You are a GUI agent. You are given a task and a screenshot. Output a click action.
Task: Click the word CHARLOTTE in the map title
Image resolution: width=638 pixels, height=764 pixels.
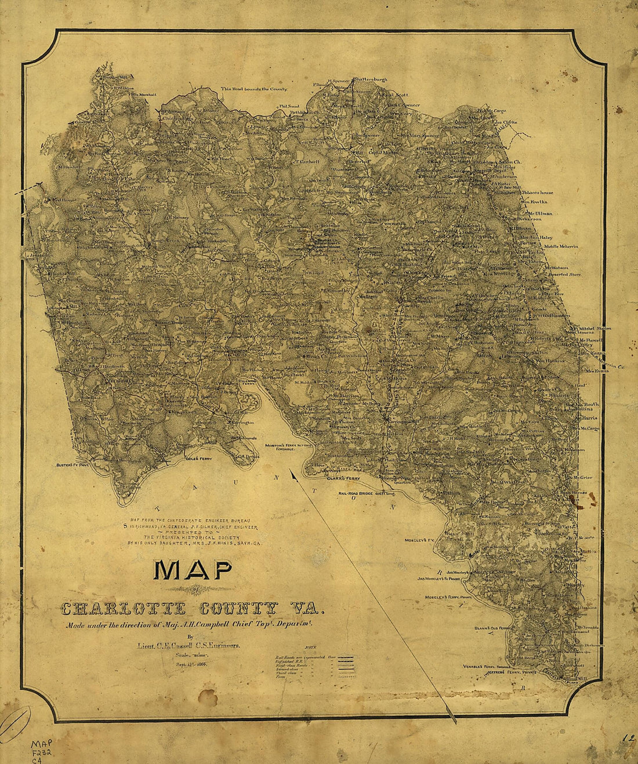tap(124, 609)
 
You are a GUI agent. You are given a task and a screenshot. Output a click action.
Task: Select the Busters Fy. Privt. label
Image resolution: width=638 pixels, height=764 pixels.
tap(74, 465)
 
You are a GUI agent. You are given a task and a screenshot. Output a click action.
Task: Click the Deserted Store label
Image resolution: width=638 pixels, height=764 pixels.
tap(566, 274)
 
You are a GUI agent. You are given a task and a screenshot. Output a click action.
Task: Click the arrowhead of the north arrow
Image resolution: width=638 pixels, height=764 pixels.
tap(293, 476)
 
